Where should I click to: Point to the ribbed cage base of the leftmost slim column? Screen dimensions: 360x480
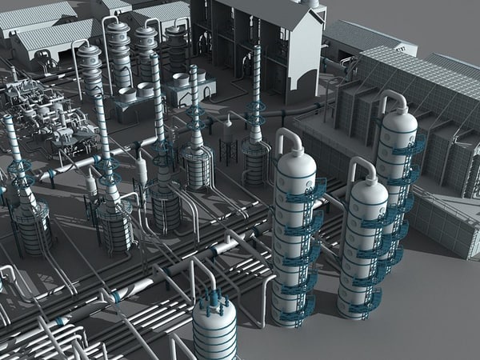[31, 228]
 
